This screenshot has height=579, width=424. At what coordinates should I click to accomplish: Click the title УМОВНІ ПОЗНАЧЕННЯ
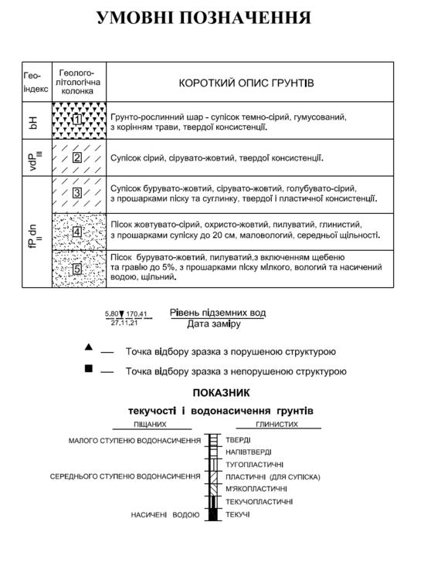coord(205,18)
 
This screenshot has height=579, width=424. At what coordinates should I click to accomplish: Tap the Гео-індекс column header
coord(36,83)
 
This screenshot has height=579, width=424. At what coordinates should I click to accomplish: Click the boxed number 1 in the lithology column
coord(77,120)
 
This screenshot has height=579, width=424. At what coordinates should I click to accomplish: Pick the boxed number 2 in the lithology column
coord(77,158)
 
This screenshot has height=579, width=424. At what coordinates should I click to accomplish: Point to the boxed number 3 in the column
coord(77,194)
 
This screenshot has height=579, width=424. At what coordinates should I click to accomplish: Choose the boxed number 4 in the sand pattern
coord(77,231)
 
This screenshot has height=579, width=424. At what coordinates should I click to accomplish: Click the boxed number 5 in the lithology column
coord(77,269)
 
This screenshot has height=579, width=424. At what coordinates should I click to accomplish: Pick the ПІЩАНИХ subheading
coord(150,424)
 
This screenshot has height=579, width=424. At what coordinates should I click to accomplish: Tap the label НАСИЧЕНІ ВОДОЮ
coord(165,514)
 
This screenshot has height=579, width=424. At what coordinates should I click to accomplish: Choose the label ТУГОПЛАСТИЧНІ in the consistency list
coord(254,465)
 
